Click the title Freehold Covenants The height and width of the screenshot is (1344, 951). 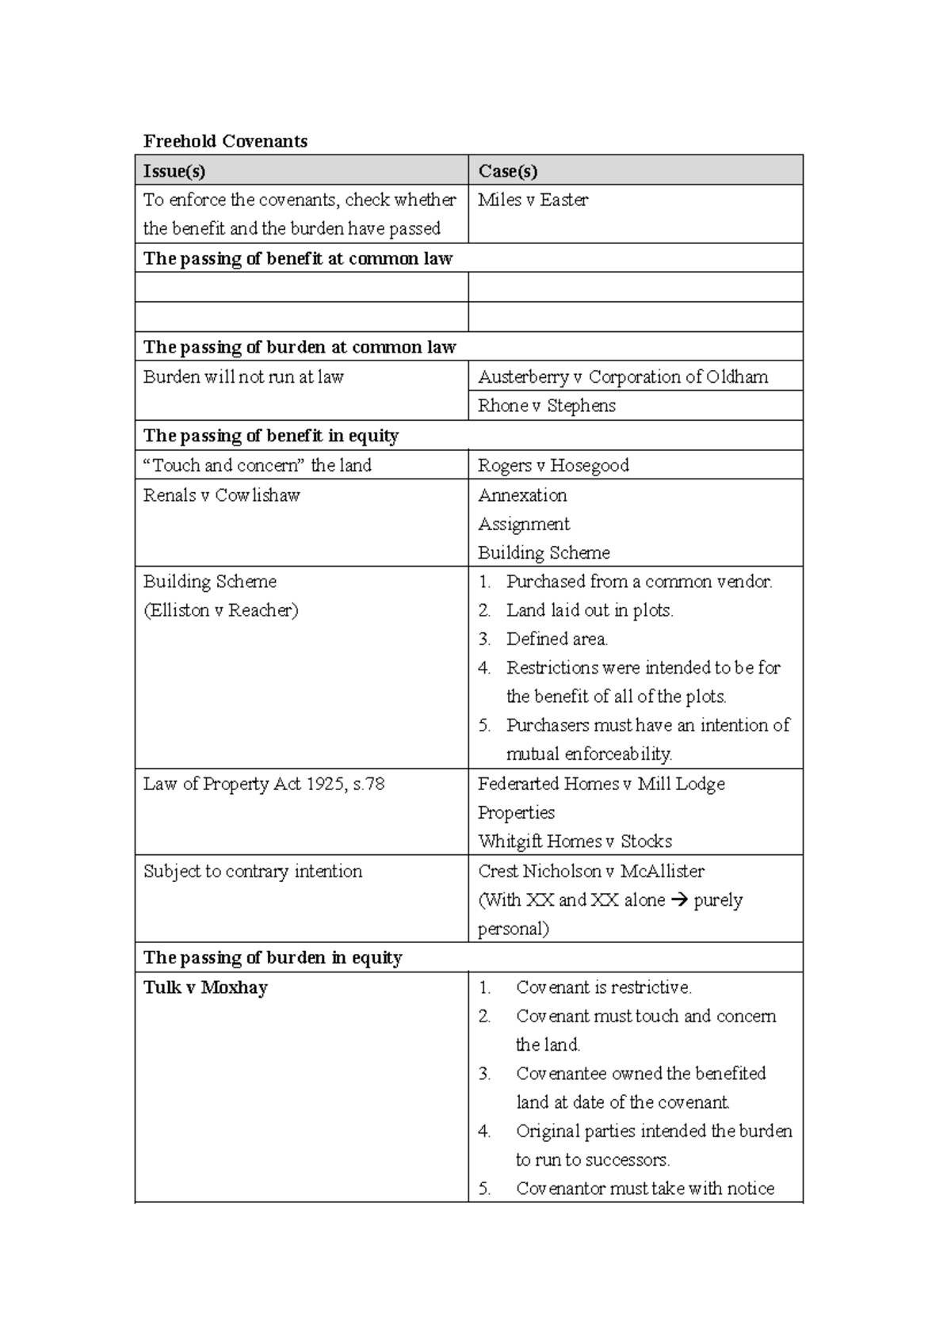[x=225, y=141]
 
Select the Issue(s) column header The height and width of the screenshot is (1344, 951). [x=174, y=170]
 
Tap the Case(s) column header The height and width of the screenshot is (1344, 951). [x=507, y=170]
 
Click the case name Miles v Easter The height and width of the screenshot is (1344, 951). [x=533, y=200]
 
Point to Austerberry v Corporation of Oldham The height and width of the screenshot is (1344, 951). [x=623, y=376]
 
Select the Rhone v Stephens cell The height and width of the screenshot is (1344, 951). [x=546, y=406]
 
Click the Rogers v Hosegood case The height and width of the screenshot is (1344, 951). [x=553, y=465]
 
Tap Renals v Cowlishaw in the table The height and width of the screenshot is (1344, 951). [x=221, y=495]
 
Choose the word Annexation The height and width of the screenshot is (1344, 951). [x=522, y=495]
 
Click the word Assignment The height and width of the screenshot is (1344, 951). [x=524, y=524]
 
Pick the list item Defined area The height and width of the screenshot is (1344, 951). [x=556, y=639]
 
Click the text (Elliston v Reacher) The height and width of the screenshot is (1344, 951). [x=220, y=610]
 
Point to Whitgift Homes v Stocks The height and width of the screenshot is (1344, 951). [x=575, y=841]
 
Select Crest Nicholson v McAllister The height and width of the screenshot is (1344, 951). [x=590, y=871]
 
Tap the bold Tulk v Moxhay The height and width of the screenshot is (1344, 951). [x=205, y=987]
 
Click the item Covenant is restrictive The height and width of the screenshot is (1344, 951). [x=603, y=987]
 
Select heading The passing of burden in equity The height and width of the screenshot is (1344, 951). [x=273, y=957]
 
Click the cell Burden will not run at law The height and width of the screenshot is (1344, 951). [x=243, y=376]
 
